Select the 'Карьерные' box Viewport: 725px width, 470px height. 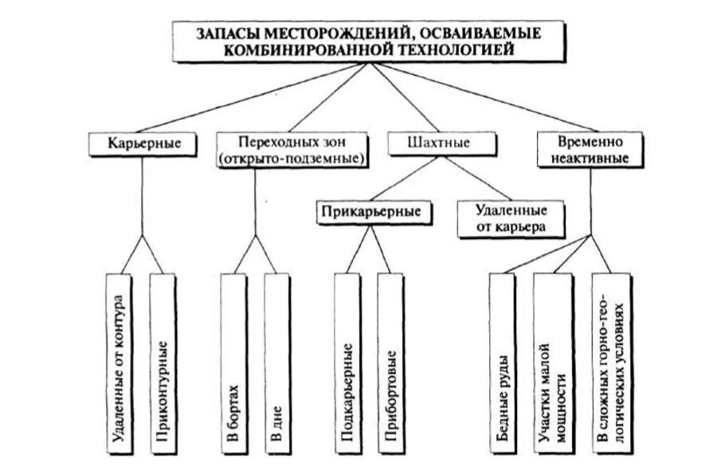click(143, 145)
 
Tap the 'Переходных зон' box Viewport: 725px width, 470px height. click(292, 150)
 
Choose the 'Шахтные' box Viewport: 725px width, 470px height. click(427, 144)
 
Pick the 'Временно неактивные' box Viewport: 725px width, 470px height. click(590, 150)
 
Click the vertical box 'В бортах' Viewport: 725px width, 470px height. click(231, 362)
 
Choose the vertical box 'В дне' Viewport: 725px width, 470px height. click(275, 362)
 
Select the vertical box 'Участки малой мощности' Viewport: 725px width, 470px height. click(551, 362)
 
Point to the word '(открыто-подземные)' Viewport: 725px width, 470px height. click(292, 159)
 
